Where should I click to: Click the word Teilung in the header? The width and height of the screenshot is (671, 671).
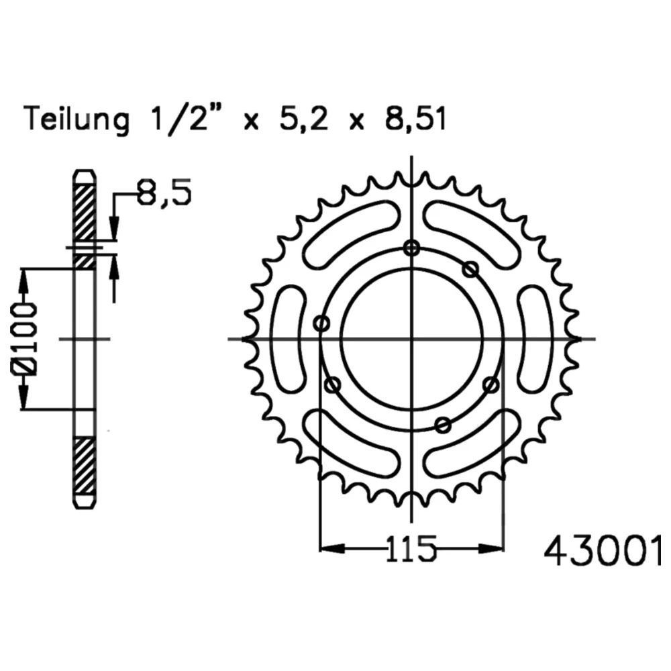pyautogui.click(x=77, y=119)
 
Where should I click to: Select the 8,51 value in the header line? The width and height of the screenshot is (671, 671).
pyautogui.click(x=415, y=119)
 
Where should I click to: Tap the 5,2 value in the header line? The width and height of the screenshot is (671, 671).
pyautogui.click(x=303, y=119)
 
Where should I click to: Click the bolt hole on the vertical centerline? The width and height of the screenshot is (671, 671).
pyautogui.click(x=412, y=248)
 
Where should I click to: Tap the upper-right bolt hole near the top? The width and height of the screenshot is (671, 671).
pyautogui.click(x=471, y=270)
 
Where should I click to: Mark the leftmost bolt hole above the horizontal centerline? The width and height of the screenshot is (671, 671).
pyautogui.click(x=322, y=323)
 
